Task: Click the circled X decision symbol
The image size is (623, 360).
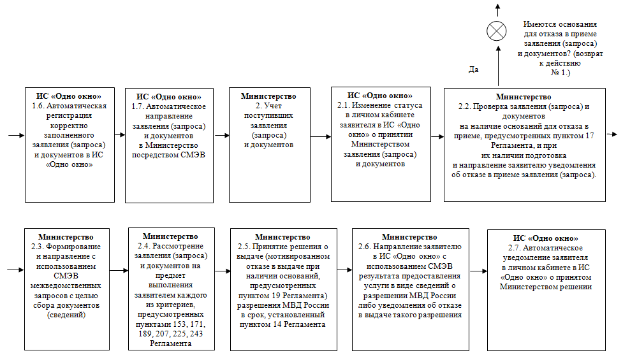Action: [497, 31]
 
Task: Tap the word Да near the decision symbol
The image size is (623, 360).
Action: [474, 69]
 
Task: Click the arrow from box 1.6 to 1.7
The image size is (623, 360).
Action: [119, 135]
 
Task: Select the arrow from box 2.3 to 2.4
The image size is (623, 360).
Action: [118, 271]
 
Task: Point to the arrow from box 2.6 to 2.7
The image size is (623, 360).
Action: [478, 271]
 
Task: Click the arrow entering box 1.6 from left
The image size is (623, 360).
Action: [16, 135]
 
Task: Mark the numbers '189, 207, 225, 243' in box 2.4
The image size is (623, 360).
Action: [170, 334]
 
